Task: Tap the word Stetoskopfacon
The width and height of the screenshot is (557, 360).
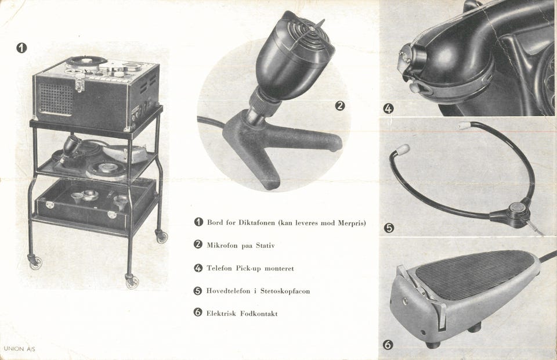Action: tap(285, 291)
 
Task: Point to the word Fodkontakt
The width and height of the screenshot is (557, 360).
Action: tap(259, 314)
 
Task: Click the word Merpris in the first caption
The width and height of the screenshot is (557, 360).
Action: tap(352, 223)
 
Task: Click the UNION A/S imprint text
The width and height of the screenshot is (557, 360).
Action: tap(20, 349)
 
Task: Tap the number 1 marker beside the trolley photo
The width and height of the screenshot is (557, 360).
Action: tap(21, 48)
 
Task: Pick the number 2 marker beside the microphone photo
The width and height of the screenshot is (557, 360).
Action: tap(340, 106)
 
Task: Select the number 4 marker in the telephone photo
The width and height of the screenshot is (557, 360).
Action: tap(389, 109)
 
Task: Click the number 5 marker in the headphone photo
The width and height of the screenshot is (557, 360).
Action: tap(389, 228)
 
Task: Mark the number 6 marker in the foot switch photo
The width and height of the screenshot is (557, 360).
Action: tap(388, 344)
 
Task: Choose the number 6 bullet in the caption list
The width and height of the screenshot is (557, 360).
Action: tap(198, 312)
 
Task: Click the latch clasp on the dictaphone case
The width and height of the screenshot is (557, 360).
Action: tap(80, 83)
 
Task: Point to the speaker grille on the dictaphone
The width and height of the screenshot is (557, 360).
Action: tap(55, 99)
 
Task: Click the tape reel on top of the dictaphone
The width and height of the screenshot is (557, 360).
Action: tap(86, 61)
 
